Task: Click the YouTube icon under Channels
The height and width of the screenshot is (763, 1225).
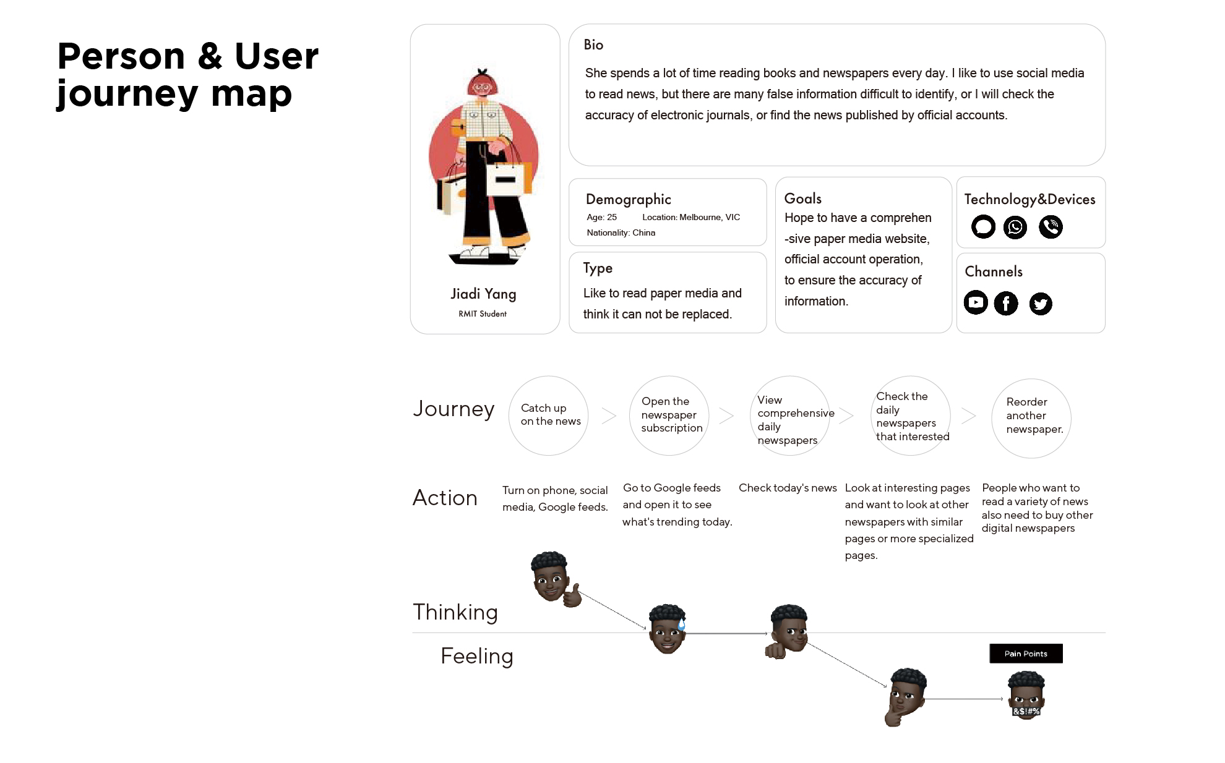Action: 976,302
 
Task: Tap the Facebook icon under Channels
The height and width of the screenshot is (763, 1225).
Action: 1006,303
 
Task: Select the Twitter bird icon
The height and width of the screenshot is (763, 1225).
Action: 1041,304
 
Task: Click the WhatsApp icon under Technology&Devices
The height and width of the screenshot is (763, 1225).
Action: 1015,227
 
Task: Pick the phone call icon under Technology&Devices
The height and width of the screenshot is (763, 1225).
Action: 1051,227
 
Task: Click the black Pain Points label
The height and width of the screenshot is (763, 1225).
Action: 1026,654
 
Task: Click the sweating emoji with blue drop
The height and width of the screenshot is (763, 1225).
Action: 667,629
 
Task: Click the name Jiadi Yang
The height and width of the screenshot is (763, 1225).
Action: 483,294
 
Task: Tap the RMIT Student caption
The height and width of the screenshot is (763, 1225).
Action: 483,314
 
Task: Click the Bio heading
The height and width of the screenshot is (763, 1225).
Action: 593,45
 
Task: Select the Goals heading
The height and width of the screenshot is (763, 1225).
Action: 802,198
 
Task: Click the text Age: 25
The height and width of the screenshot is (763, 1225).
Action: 601,217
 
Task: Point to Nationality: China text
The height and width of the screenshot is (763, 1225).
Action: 621,232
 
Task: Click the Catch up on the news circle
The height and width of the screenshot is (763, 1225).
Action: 548,416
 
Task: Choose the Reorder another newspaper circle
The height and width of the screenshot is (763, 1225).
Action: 1031,418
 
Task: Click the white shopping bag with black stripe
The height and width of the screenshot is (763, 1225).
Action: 505,180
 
